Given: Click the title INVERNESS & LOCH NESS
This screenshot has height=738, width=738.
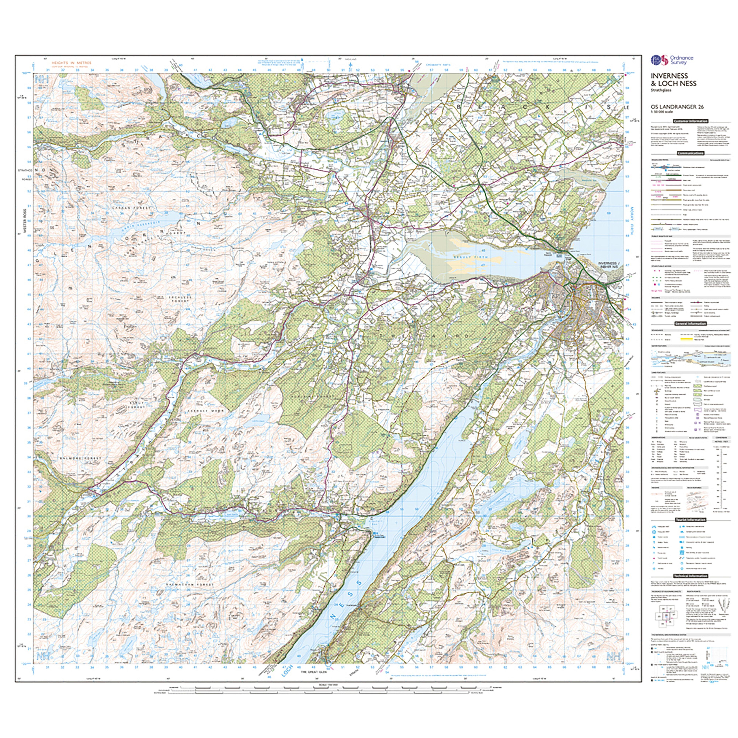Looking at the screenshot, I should pyautogui.click(x=673, y=80).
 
